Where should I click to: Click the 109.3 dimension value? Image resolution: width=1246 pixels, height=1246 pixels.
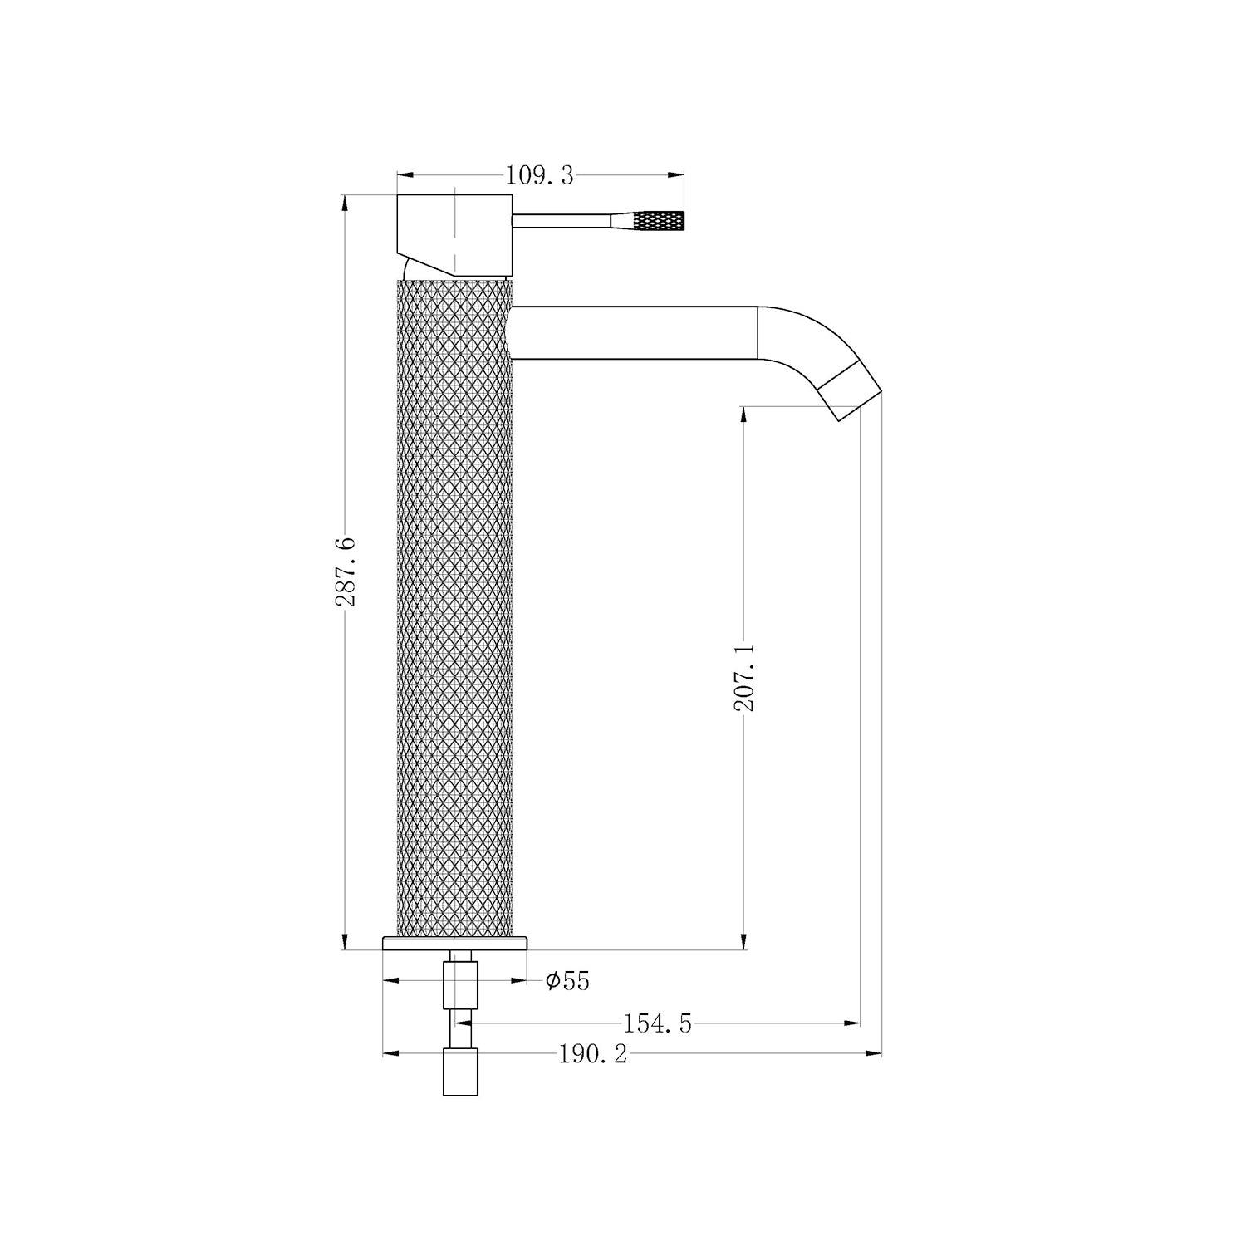click(x=539, y=176)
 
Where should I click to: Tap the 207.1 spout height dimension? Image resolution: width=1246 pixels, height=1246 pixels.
click(x=743, y=677)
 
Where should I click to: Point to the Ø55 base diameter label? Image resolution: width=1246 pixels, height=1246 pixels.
click(x=567, y=981)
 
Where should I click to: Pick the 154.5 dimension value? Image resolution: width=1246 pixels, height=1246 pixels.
click(x=657, y=1024)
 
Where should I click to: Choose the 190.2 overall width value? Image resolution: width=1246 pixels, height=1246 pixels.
click(x=592, y=1055)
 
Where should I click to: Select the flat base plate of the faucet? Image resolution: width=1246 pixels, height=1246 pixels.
click(x=455, y=943)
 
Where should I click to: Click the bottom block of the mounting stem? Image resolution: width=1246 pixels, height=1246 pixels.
click(x=461, y=1072)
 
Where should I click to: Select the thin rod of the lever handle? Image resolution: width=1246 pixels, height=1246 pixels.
click(x=561, y=220)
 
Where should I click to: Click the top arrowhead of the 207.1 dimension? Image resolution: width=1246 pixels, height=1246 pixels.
click(x=743, y=413)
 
